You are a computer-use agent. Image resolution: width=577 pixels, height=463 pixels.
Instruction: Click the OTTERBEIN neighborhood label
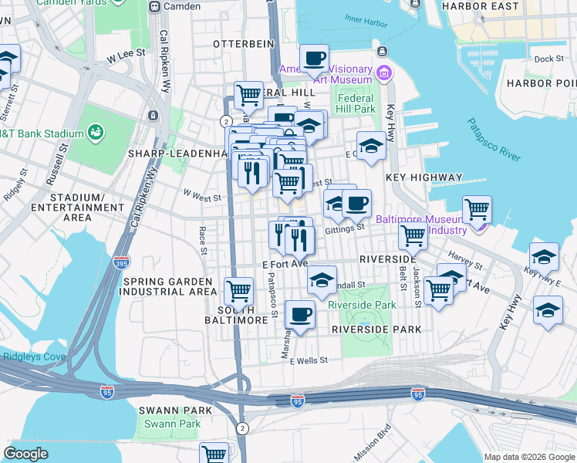[x=244, y=44]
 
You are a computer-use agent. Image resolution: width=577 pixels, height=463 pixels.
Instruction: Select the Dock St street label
[x=548, y=59]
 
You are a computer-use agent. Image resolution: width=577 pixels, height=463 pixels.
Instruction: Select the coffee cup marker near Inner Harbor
[x=314, y=58]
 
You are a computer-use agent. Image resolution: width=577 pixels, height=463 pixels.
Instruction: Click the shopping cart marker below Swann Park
[x=214, y=454]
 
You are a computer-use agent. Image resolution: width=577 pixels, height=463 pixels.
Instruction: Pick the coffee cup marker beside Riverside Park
[x=300, y=314]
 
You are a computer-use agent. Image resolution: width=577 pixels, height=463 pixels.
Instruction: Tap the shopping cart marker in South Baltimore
[x=238, y=291]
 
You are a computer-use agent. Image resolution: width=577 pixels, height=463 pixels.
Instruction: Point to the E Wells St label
[x=309, y=360]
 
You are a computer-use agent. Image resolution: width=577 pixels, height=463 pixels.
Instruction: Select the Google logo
[x=25, y=454]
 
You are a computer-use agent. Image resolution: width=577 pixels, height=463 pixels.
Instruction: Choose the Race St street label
[x=202, y=241]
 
